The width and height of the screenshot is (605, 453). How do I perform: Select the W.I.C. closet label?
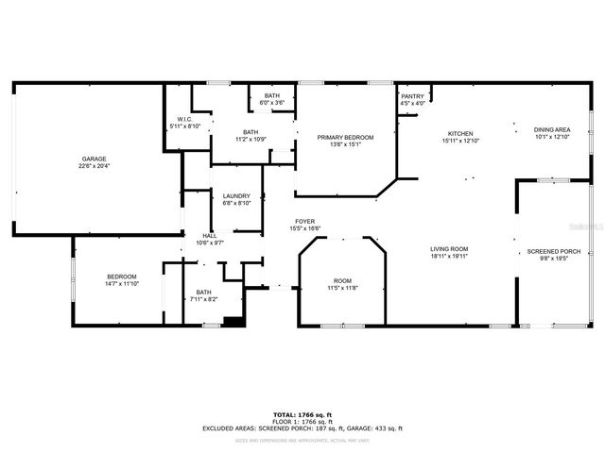coord(185,119)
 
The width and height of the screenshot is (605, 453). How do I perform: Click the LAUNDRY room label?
coord(237,195)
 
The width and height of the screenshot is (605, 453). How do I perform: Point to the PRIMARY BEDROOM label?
coord(345,138)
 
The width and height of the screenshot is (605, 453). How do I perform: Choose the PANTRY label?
coord(412,96)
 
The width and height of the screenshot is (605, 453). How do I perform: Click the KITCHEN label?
coord(459,133)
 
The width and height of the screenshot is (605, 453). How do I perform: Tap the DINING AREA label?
coord(552,129)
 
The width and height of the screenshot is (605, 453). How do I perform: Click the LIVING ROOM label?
coord(450,248)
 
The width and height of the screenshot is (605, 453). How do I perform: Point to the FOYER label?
coord(304,221)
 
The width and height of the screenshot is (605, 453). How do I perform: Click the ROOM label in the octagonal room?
coord(342,280)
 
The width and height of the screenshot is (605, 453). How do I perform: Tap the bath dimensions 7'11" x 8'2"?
coord(204,299)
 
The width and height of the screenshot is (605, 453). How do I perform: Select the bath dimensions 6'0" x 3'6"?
coord(272,103)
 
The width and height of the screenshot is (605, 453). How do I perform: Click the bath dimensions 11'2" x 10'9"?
coord(251,139)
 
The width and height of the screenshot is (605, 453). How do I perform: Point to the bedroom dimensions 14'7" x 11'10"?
coord(122,283)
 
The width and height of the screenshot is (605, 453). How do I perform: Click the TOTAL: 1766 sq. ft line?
coord(302,413)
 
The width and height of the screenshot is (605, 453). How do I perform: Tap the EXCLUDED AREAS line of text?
coord(302,428)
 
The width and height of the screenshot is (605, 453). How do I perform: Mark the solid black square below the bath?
coord(233,321)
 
